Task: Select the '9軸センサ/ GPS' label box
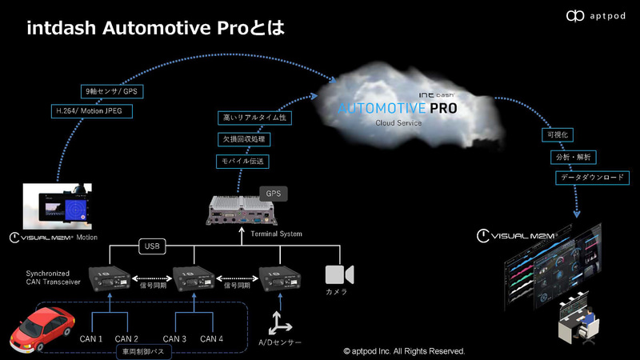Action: click(111, 91)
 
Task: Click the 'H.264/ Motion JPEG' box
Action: click(90, 111)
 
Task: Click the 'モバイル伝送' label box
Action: click(244, 161)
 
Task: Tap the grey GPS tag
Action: click(274, 194)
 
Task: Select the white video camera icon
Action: click(336, 274)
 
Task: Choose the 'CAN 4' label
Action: click(211, 339)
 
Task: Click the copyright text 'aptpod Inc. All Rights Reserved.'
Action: click(404, 351)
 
